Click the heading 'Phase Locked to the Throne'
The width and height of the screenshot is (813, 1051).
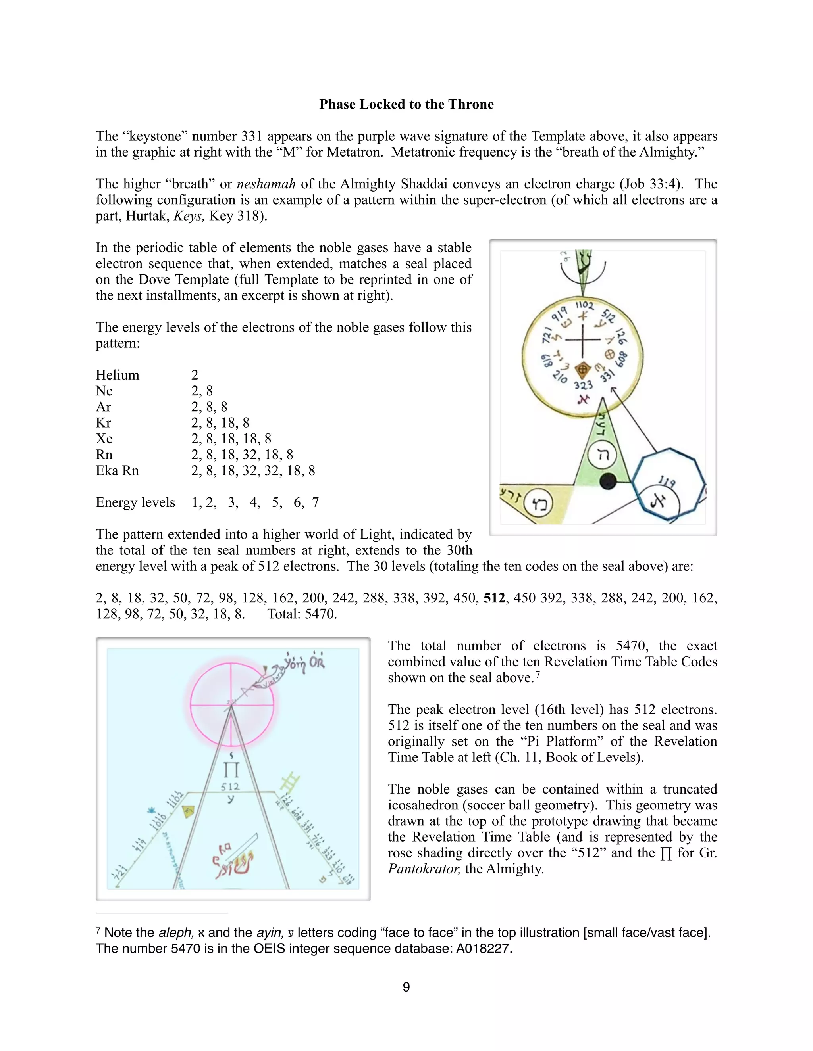[x=406, y=104]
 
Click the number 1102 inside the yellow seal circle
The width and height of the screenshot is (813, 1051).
[x=585, y=305]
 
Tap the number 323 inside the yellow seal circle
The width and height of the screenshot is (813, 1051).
[x=583, y=385]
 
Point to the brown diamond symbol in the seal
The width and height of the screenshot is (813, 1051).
[x=582, y=370]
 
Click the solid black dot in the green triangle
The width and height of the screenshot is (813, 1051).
[x=608, y=481]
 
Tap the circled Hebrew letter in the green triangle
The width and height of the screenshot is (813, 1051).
[x=603, y=454]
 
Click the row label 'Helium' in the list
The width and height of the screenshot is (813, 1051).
[x=117, y=375]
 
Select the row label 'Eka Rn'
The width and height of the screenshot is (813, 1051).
[x=117, y=471]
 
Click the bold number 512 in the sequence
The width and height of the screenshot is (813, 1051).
[x=495, y=598]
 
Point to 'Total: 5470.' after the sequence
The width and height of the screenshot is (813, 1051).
[x=302, y=614]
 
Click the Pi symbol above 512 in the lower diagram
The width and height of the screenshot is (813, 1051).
[x=231, y=770]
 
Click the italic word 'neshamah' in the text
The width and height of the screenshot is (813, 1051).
[x=266, y=184]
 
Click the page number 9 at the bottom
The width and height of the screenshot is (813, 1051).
[x=406, y=987]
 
